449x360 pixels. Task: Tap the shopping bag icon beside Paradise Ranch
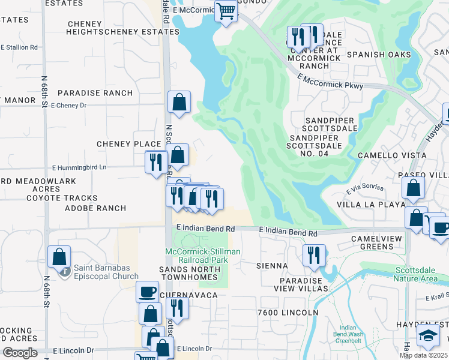click(179, 103)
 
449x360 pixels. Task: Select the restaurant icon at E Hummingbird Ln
click(156, 162)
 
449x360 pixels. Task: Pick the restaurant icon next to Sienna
click(314, 255)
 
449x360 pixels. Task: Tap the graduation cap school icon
click(428, 335)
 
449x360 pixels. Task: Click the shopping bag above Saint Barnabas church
click(59, 257)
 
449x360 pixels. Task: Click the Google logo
click(20, 353)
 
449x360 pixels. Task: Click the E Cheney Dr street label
click(69, 106)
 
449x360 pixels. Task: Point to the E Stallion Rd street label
click(19, 46)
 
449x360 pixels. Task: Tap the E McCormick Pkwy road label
click(330, 82)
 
